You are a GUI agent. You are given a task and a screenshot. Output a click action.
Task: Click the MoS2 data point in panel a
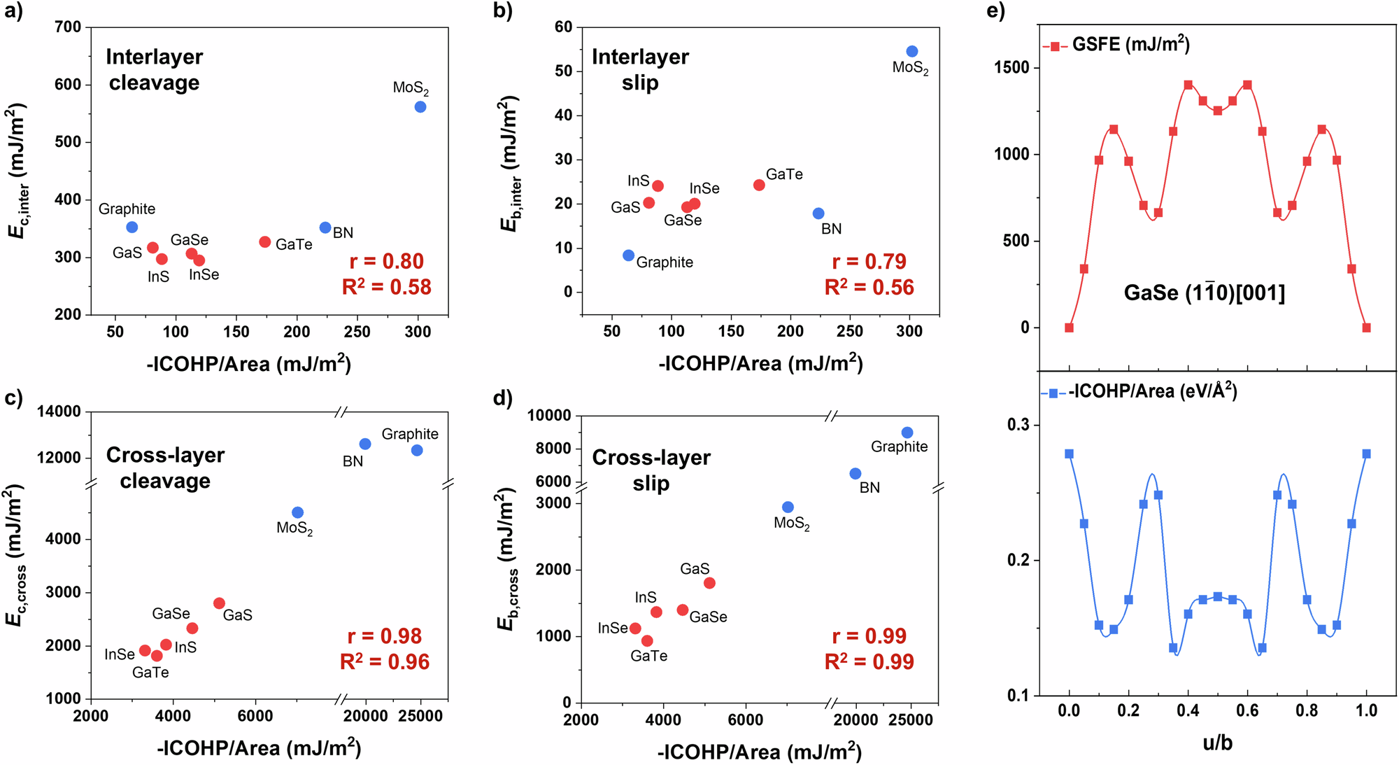click(420, 107)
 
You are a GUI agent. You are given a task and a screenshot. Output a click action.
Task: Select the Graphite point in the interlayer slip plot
click(628, 255)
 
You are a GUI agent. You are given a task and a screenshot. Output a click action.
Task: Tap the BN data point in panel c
click(365, 444)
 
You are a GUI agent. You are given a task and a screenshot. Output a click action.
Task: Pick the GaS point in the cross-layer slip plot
click(709, 583)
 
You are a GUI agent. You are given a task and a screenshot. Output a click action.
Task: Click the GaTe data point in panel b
click(759, 185)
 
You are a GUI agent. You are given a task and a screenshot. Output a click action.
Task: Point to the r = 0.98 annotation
click(385, 636)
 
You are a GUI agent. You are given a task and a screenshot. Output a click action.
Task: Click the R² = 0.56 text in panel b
click(869, 287)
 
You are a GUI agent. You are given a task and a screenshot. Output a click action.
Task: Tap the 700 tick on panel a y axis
click(68, 27)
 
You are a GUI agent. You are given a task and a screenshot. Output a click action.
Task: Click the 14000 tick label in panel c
click(59, 412)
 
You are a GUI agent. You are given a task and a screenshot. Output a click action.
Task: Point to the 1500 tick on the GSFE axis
click(1011, 68)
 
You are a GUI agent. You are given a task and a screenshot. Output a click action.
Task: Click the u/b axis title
click(1217, 742)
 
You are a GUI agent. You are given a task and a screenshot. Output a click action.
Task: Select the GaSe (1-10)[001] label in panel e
click(1205, 293)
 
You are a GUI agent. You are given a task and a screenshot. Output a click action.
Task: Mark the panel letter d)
click(503, 398)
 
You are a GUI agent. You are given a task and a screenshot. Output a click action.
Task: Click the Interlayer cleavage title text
click(155, 69)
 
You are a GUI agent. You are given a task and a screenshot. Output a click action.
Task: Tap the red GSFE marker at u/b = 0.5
click(1218, 111)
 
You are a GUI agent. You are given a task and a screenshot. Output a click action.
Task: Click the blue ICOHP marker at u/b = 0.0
click(1069, 454)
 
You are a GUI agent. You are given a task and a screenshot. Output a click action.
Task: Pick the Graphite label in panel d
click(899, 447)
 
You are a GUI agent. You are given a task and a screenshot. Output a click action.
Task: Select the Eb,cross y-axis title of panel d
click(509, 560)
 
